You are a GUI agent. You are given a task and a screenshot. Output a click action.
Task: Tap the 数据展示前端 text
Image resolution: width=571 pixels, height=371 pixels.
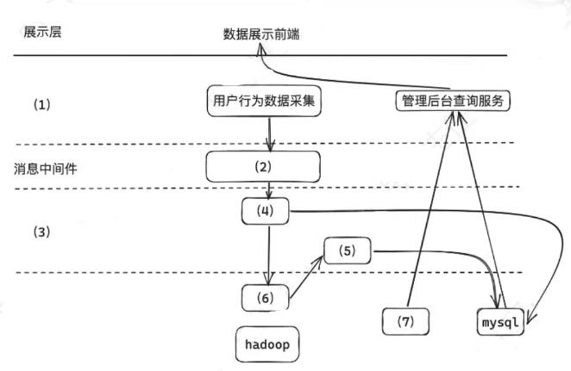point(261,34)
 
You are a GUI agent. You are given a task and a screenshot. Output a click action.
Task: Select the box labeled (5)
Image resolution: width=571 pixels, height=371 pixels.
point(348,251)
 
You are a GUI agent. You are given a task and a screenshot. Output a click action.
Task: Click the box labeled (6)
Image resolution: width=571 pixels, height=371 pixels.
point(264,297)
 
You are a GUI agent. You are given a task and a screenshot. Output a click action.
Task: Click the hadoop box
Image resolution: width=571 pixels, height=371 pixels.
point(265,344)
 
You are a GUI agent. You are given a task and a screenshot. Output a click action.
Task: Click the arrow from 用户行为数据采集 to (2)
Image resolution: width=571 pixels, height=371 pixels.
point(271,133)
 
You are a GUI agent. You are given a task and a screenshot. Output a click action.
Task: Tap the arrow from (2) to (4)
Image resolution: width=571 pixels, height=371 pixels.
point(271,189)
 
